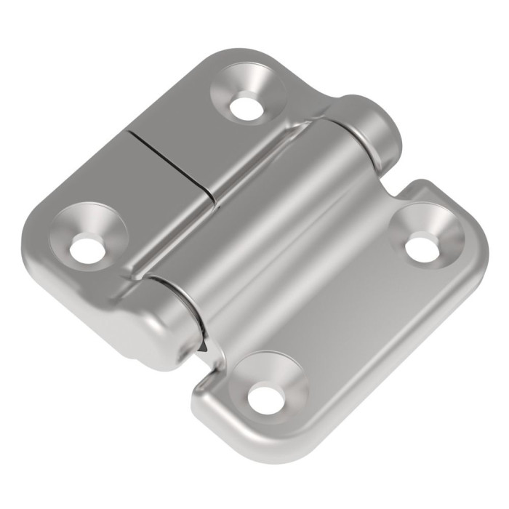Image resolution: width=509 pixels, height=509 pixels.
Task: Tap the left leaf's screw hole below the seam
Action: pos(87,249)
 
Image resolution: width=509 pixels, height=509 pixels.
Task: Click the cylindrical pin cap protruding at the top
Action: pos(374,127)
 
